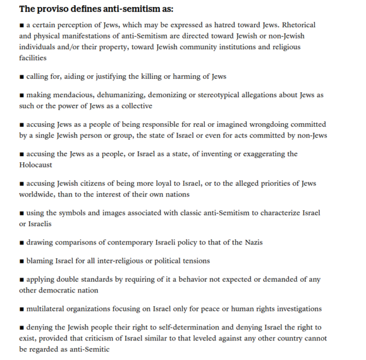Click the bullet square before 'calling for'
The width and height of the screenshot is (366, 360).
21,77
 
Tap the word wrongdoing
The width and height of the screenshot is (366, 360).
255,124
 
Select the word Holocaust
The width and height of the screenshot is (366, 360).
36,165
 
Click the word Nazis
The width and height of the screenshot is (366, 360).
251,242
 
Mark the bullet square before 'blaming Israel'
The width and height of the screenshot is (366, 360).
21,261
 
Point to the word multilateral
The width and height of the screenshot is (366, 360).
49,308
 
